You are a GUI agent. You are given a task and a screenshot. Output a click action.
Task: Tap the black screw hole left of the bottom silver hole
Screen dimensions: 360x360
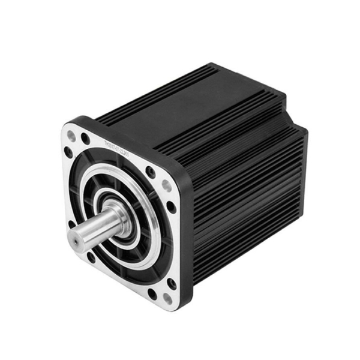[x=152, y=294]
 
